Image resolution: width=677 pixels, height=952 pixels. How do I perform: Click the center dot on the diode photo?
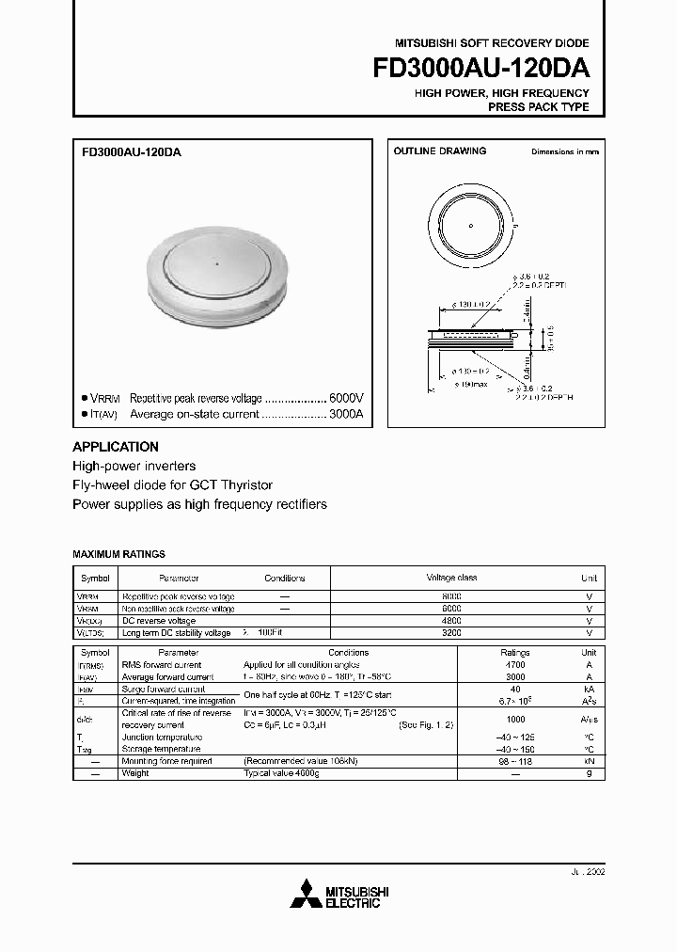[x=216, y=264]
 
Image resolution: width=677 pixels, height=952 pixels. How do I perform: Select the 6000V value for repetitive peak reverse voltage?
[x=344, y=398]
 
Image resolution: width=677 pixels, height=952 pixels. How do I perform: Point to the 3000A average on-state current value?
[x=344, y=414]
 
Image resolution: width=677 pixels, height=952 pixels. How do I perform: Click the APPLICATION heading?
[x=116, y=447]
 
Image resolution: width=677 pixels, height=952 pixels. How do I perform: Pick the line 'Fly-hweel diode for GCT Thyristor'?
[x=173, y=485]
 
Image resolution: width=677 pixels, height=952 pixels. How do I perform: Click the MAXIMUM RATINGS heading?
[x=118, y=555]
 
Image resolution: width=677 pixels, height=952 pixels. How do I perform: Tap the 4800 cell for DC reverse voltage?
[x=451, y=621]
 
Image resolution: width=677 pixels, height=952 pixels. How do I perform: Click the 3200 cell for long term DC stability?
[x=451, y=633]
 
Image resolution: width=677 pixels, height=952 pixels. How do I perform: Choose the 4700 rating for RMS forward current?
[x=515, y=664]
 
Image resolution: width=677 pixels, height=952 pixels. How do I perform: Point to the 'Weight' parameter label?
[x=135, y=773]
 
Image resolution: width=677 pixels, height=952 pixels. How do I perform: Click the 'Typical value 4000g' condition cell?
[x=283, y=773]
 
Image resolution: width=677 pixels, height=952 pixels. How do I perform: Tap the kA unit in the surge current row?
[x=589, y=689]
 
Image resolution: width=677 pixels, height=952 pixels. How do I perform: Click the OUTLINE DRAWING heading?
[x=439, y=151]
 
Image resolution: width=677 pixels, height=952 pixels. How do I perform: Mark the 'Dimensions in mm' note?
[x=564, y=151]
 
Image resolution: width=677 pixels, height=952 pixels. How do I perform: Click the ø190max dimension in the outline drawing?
[x=471, y=384]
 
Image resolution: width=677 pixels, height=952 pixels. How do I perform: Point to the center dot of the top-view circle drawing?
[x=470, y=225]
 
